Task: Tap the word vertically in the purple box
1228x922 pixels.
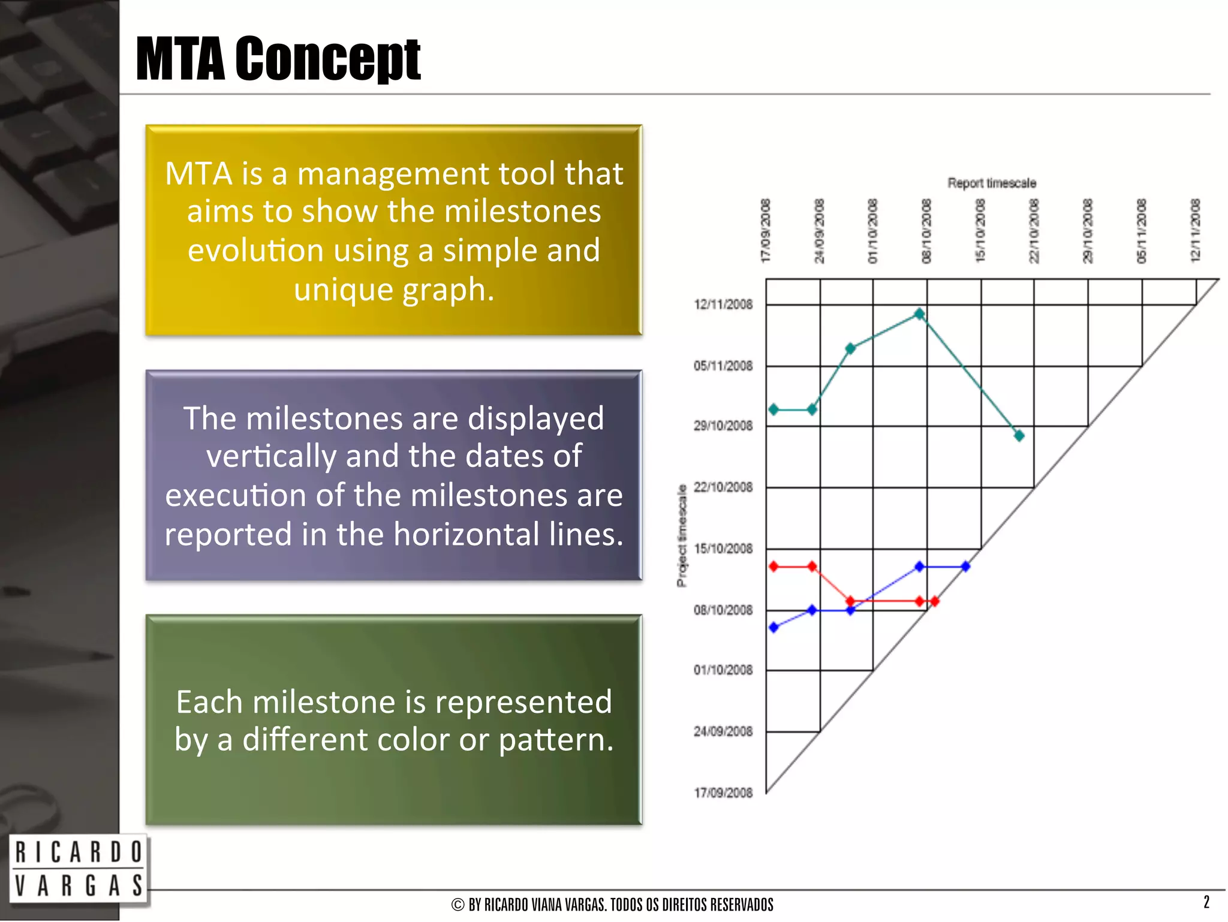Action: (271, 456)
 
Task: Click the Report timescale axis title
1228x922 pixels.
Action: (991, 183)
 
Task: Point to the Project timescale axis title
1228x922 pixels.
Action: (681, 535)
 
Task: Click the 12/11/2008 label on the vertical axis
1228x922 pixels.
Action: (723, 305)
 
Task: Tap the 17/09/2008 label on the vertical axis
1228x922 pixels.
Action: (723, 793)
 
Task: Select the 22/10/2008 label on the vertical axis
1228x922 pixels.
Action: (723, 487)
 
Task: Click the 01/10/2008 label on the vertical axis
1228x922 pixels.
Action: (723, 670)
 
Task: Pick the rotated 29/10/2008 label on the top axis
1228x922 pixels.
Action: (1087, 231)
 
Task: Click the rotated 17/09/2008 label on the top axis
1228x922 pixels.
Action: (765, 231)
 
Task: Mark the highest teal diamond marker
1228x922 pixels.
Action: (919, 314)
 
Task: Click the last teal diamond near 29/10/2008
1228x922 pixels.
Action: (1019, 435)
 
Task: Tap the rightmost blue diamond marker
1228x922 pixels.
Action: (965, 566)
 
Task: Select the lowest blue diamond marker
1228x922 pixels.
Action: (773, 627)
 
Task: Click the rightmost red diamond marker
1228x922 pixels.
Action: (934, 601)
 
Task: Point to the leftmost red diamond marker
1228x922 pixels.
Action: (773, 566)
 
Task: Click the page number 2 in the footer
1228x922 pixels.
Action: (1206, 902)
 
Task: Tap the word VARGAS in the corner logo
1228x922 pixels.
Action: (78, 885)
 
